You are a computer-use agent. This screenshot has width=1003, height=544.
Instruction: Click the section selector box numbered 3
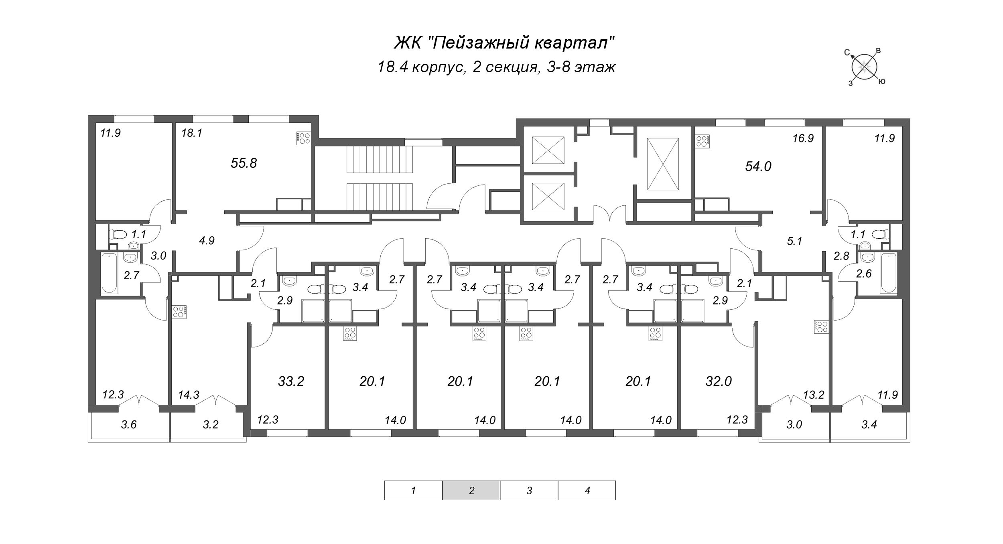[x=529, y=490]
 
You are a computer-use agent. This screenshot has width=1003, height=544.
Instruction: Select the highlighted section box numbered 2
[x=471, y=490]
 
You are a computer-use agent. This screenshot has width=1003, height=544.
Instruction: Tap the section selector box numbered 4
[x=587, y=490]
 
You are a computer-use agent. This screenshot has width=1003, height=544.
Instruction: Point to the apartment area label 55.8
[x=244, y=163]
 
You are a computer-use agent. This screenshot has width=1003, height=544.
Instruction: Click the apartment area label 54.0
[x=758, y=166]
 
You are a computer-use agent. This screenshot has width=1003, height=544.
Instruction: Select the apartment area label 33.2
[x=291, y=381]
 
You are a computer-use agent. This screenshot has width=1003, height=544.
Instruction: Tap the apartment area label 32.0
[x=719, y=381]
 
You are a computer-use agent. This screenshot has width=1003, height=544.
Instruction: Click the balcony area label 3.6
[x=129, y=424]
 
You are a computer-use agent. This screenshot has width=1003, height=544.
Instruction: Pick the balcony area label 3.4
[x=869, y=424]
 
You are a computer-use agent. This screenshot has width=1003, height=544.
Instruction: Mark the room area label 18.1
[x=191, y=133]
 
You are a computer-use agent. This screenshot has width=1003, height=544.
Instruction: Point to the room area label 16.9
[x=803, y=138]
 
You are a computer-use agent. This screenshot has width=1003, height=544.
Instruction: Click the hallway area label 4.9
[x=207, y=241]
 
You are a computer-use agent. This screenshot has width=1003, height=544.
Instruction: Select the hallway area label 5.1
[x=794, y=242]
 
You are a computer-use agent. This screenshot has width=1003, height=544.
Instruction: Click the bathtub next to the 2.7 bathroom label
[x=110, y=273]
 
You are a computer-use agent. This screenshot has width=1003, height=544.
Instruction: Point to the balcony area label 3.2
[x=210, y=424]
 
